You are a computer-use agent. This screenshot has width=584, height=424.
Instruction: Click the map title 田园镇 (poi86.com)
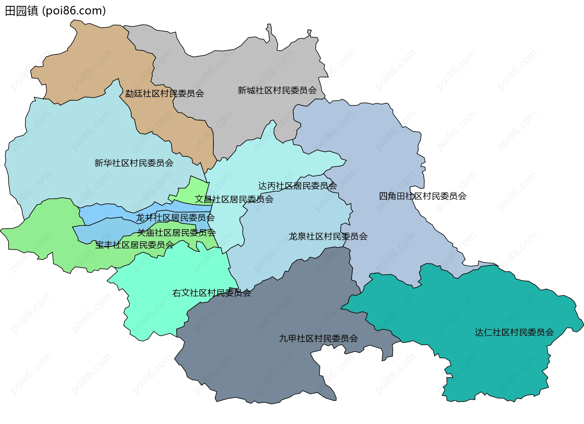pyautogui.click(x=55, y=11)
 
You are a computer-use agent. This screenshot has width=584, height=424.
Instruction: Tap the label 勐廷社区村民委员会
pyautogui.click(x=165, y=93)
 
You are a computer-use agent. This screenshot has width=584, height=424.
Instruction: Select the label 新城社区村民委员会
pyautogui.click(x=277, y=90)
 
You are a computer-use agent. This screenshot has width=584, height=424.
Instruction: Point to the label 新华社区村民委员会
pyautogui.click(x=134, y=163)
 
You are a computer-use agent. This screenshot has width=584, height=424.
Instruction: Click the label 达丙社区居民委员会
pyautogui.click(x=297, y=186)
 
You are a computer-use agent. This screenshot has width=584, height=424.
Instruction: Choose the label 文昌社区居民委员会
pyautogui.click(x=234, y=199)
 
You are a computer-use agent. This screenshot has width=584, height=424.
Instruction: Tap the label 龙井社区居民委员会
pyautogui.click(x=175, y=218)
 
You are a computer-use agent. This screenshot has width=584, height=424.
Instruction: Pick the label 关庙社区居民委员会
pyautogui.click(x=176, y=233)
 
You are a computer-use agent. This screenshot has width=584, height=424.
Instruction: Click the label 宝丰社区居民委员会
pyautogui.click(x=134, y=245)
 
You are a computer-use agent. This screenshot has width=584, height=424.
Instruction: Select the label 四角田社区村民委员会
pyautogui.click(x=422, y=196)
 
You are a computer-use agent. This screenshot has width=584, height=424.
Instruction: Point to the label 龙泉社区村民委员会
pyautogui.click(x=328, y=236)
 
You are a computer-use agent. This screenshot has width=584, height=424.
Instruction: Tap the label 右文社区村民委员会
pyautogui.click(x=212, y=293)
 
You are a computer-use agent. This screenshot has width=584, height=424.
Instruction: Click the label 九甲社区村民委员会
pyautogui.click(x=318, y=339)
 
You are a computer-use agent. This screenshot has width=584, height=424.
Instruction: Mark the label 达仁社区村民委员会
pyautogui.click(x=514, y=332)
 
